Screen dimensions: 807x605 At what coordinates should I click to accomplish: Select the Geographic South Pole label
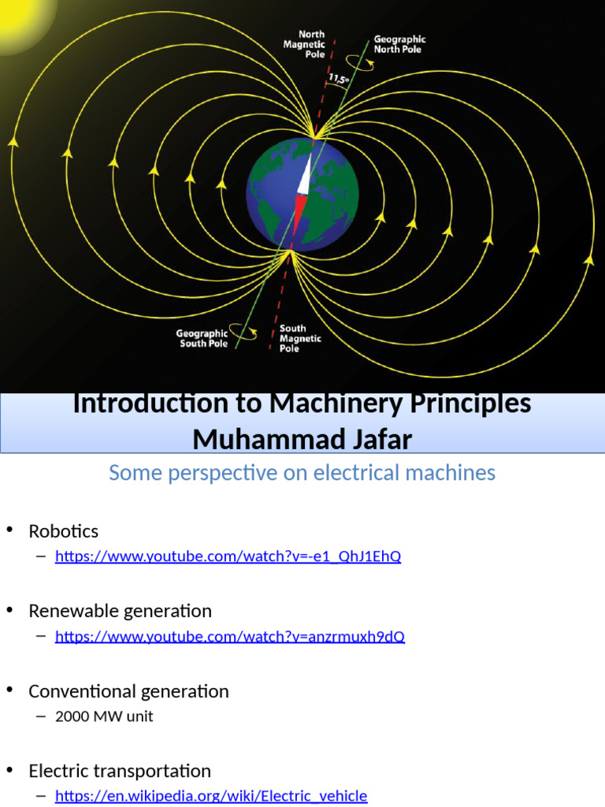tap(202, 338)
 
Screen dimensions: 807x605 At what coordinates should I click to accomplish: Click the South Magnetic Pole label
tap(300, 338)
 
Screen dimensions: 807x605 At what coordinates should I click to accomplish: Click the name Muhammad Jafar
tap(302, 439)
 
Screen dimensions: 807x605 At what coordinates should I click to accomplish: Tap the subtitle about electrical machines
tap(302, 473)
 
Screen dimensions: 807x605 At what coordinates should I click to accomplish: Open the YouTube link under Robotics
tap(228, 556)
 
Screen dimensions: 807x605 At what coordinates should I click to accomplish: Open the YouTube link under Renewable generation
tap(229, 636)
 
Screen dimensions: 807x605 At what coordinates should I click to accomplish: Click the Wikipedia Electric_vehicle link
tap(211, 796)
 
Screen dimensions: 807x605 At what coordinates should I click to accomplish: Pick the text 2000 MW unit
tap(104, 716)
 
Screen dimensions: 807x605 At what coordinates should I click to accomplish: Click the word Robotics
tap(64, 531)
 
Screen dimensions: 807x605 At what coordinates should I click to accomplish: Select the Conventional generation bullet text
tap(128, 691)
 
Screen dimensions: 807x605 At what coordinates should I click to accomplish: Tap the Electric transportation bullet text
tap(120, 771)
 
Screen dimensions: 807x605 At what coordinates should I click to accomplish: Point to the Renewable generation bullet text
tap(120, 611)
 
